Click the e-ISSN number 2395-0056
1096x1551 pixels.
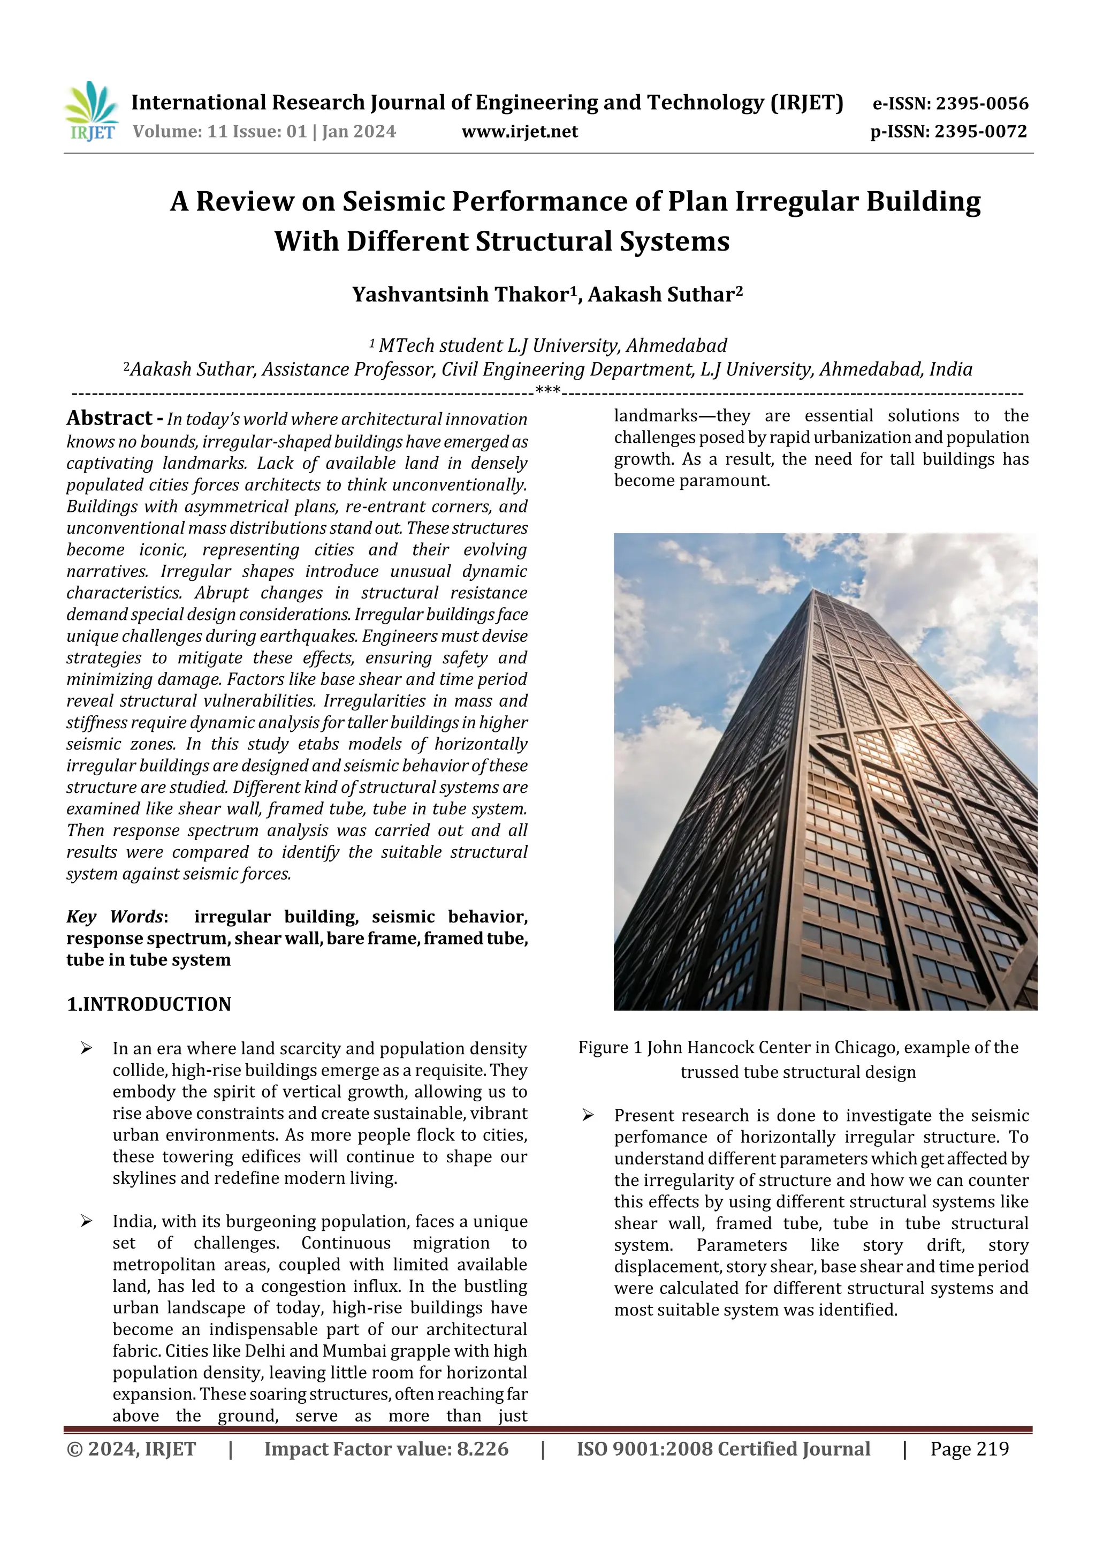tap(982, 104)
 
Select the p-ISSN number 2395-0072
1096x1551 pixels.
tap(980, 132)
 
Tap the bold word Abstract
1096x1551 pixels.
tap(109, 418)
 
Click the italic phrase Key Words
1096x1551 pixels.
tap(115, 917)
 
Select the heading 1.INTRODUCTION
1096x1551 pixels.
tap(149, 1004)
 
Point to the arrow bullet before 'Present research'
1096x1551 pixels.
tap(588, 1115)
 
